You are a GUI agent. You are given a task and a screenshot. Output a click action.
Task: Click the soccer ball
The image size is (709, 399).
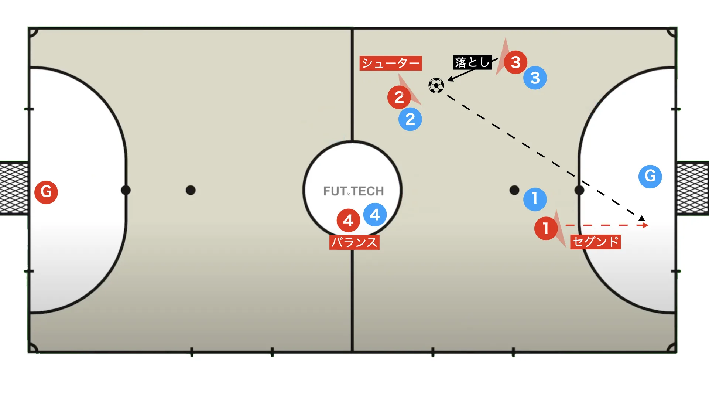click(x=436, y=86)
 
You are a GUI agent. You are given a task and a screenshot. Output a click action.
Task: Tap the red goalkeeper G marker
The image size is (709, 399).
click(x=46, y=192)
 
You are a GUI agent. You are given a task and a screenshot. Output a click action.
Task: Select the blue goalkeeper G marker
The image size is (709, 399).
click(x=650, y=176)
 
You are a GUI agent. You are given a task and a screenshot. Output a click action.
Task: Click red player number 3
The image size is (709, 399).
click(x=516, y=62)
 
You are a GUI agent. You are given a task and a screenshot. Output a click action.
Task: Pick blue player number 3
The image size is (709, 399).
click(x=535, y=78)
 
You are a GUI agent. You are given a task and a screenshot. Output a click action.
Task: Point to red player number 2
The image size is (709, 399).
click(x=399, y=97)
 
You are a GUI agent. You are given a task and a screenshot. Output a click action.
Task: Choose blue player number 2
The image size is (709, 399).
click(x=410, y=119)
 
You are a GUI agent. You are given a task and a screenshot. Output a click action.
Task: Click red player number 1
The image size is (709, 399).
click(x=546, y=228)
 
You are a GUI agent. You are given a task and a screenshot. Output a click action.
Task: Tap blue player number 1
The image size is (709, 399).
click(x=535, y=199)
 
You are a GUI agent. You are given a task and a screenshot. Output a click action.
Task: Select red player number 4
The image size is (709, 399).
click(x=348, y=220)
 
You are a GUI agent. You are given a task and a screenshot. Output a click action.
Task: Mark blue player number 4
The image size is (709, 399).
click(x=375, y=214)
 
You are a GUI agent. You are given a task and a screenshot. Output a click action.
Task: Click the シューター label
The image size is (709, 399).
click(x=391, y=63)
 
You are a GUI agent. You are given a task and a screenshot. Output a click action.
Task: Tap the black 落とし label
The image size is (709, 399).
click(x=472, y=62)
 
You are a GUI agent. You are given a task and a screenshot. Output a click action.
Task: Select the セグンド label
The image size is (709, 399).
click(x=595, y=242)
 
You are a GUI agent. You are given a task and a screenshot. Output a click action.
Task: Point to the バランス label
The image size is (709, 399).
click(x=354, y=242)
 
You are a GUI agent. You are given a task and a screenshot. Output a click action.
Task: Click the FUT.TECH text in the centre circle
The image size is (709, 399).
click(x=353, y=191)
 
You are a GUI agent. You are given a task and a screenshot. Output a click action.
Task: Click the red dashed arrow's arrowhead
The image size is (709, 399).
click(x=645, y=225)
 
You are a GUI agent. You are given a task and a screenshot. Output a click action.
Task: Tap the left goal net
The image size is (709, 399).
click(x=14, y=188)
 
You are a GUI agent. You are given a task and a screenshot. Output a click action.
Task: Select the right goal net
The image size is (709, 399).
click(x=693, y=188)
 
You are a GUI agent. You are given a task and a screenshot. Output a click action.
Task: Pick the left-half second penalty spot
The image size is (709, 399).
click(x=191, y=190)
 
